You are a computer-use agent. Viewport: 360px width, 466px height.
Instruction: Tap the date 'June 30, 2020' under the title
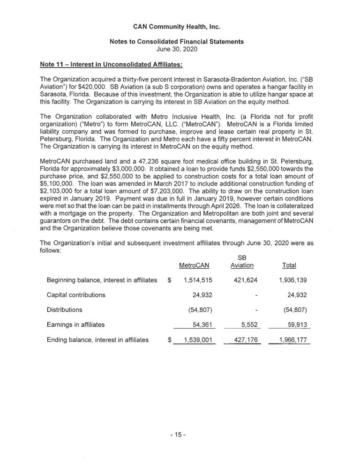pyautogui.click(x=180, y=49)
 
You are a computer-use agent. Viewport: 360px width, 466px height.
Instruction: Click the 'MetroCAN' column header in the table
pyautogui.click(x=194, y=265)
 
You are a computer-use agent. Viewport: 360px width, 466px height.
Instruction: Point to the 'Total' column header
pyautogui.click(x=289, y=265)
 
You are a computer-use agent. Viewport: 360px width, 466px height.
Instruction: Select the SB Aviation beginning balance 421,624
pyautogui.click(x=242, y=280)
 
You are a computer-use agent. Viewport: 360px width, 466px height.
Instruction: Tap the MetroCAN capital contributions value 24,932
pyautogui.click(x=202, y=295)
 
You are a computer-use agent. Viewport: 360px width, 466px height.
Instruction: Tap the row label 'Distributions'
pyautogui.click(x=65, y=309)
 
